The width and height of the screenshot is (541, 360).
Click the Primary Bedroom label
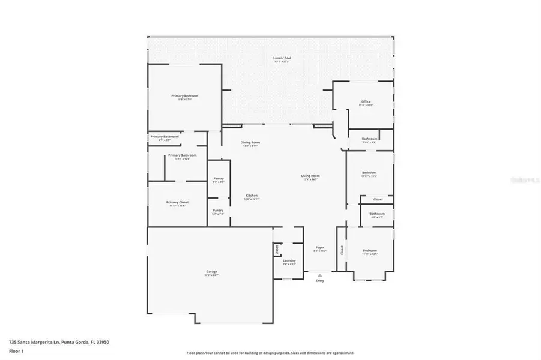click(184, 96)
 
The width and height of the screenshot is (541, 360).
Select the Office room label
click(366, 101)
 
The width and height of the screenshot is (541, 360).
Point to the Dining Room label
click(251, 142)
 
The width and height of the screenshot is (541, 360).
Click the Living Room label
click(310, 176)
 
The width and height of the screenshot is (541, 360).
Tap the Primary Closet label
click(177, 202)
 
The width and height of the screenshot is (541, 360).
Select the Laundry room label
click(289, 260)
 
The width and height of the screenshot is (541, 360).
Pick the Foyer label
click(320, 248)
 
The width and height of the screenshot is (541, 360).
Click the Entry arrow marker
click(320, 275)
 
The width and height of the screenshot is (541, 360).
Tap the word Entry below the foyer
click(320, 281)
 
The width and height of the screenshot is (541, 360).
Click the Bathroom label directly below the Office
click(369, 139)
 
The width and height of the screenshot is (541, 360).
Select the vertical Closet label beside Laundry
click(277, 250)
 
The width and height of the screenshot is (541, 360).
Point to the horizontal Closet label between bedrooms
click(378, 199)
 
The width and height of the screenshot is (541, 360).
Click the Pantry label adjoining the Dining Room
click(219, 179)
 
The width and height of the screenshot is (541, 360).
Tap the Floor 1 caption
click(16, 352)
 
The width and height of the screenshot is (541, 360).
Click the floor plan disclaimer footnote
click(270, 353)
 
